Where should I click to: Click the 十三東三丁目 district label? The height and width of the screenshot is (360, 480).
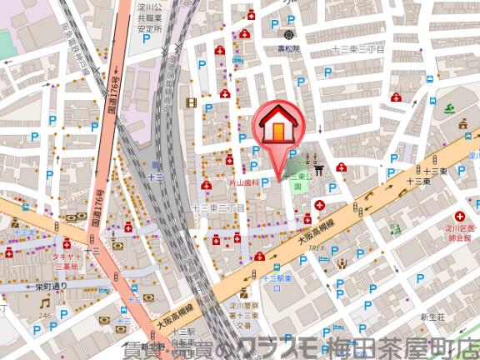pyautogui.click(x=356, y=49)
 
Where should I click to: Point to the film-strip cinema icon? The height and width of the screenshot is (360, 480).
pyautogui.click(x=192, y=103)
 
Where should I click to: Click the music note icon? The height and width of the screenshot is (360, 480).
pyautogui.click(x=43, y=303)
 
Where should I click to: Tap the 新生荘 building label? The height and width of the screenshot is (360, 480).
pyautogui.click(x=435, y=317)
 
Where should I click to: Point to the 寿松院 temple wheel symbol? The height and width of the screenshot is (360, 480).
pyautogui.click(x=288, y=35)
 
